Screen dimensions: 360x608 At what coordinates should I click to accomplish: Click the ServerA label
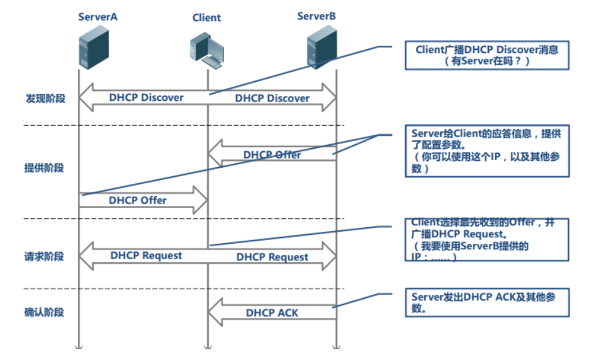point(98,17)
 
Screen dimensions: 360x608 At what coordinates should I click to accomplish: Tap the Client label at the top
point(207,18)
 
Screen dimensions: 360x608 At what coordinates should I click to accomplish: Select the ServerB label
point(316,15)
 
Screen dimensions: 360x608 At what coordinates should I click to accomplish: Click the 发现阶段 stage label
point(45,99)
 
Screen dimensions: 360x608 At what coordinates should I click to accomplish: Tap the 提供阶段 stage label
point(45,168)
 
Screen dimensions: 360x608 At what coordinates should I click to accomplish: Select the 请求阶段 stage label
point(45,257)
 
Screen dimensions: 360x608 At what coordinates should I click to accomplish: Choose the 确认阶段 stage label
point(45,313)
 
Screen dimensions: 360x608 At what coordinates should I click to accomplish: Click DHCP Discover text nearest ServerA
point(146,98)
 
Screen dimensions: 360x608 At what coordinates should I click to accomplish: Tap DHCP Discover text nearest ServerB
point(272,98)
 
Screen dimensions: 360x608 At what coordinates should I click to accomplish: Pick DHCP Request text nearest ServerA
point(146,255)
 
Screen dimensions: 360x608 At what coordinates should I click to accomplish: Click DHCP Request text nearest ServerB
point(272,257)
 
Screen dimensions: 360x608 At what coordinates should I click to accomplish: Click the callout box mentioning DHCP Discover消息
point(487,55)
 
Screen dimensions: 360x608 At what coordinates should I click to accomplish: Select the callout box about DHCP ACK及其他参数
point(487,303)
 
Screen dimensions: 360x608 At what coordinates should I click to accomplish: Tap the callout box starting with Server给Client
point(487,151)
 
